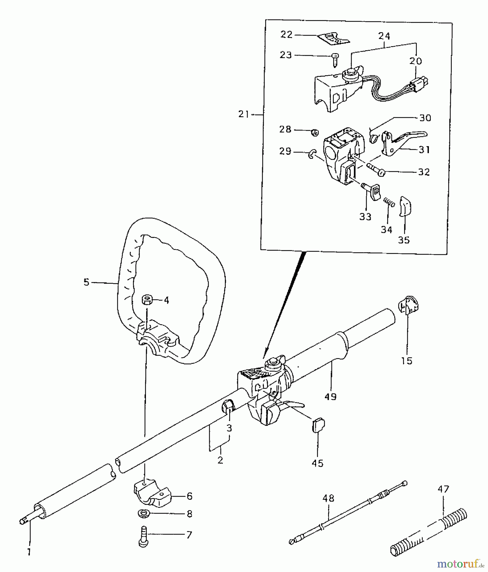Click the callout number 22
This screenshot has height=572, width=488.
click(286, 34)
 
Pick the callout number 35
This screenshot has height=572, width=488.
click(404, 240)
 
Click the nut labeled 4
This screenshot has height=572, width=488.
click(147, 299)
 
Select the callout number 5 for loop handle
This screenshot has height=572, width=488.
click(86, 282)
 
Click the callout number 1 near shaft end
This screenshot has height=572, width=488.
click(29, 552)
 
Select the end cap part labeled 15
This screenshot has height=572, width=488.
click(408, 306)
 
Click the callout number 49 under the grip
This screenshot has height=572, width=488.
click(331, 396)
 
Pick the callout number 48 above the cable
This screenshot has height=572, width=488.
click(328, 498)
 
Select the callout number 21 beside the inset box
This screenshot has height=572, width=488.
click(244, 114)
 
